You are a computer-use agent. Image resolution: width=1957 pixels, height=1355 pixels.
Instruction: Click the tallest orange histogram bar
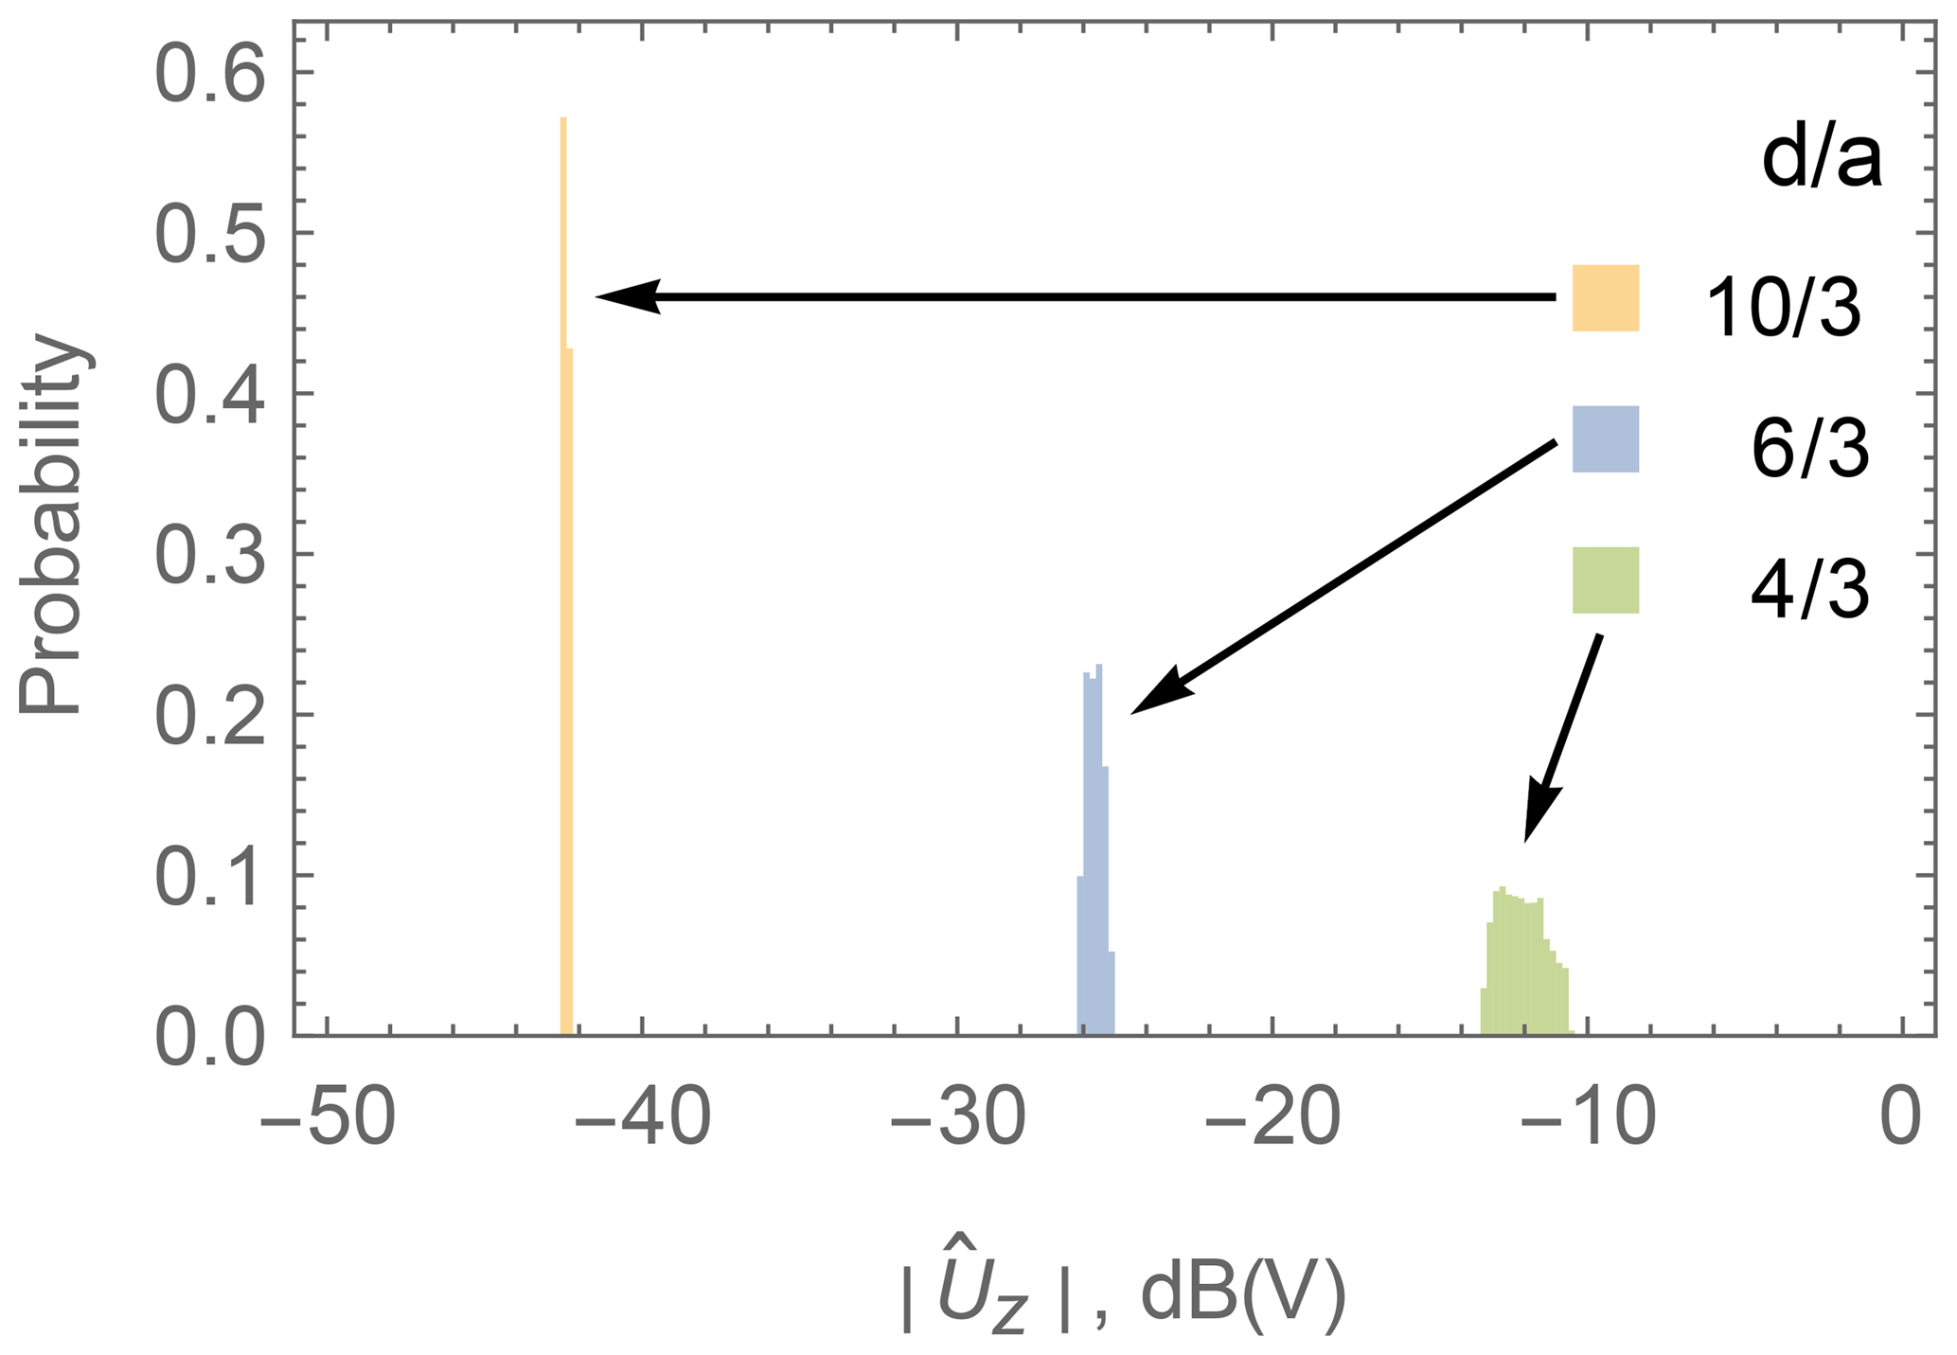pyautogui.click(x=563, y=568)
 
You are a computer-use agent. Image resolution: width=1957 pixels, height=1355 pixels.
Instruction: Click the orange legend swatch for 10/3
pyautogui.click(x=1605, y=298)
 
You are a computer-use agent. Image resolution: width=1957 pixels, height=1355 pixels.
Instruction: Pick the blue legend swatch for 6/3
pyautogui.click(x=1605, y=438)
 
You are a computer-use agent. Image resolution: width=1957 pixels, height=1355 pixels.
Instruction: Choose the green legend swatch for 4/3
pyautogui.click(x=1605, y=579)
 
